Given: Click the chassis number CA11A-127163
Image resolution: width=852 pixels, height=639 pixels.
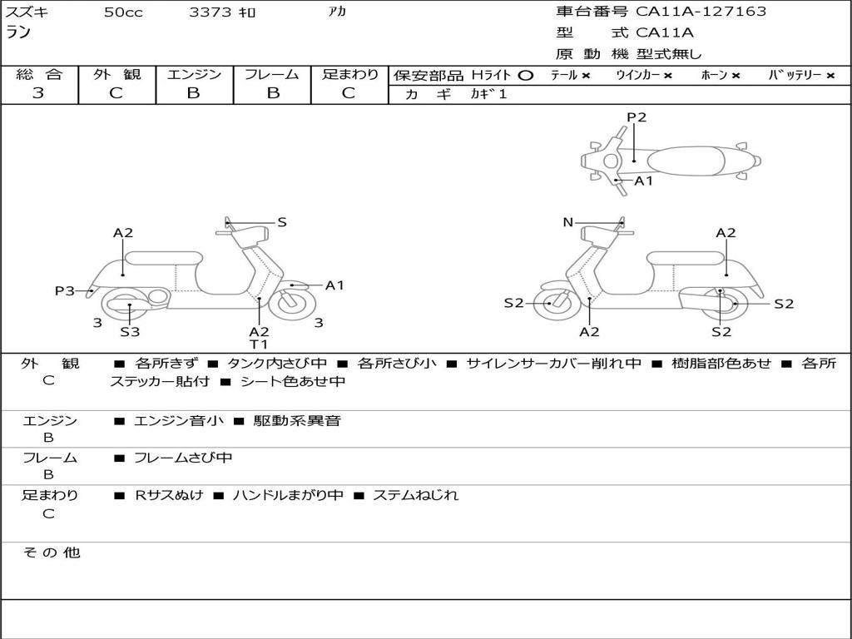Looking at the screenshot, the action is (x=701, y=12).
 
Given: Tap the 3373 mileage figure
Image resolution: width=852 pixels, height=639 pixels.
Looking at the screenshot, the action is (x=211, y=12).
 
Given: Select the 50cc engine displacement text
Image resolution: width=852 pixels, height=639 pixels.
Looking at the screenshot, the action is (x=123, y=12).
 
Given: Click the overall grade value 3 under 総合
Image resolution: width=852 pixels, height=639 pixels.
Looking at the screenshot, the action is (x=38, y=93).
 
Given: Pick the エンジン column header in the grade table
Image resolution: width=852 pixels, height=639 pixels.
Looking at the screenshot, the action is (x=194, y=75).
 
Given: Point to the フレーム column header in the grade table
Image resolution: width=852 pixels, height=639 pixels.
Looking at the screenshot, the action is (x=271, y=75).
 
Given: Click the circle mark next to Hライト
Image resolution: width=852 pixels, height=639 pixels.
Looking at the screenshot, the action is (x=525, y=76).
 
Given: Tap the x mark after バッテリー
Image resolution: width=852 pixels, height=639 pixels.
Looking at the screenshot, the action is (x=830, y=76).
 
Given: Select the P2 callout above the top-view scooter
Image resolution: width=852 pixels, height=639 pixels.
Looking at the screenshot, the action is (x=637, y=117).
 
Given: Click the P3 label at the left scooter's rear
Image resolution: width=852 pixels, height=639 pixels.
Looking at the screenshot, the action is (x=65, y=290).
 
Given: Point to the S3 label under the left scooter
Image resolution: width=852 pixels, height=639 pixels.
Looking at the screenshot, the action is (x=130, y=332).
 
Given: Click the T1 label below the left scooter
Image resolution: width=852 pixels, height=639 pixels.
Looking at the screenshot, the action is (x=259, y=344).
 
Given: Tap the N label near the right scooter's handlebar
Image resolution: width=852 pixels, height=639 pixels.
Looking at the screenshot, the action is (x=568, y=222).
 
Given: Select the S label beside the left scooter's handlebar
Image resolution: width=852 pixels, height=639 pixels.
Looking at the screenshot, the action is (x=282, y=222).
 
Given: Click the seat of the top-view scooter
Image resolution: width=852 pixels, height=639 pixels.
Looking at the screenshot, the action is (x=689, y=160).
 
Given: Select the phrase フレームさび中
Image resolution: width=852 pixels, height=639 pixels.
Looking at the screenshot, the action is (x=183, y=458).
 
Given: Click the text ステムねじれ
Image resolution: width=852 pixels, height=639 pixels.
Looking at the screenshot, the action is (x=415, y=495).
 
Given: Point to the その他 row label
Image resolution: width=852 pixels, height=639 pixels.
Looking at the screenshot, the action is (x=51, y=552).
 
